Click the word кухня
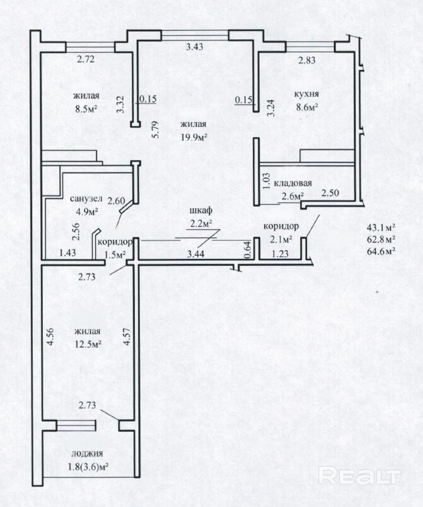tap(306, 94)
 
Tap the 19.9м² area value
tap(194, 138)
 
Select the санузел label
tap(86, 198)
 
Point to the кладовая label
tap(293, 183)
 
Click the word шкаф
tap(200, 210)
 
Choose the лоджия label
tap(87, 453)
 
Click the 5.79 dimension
tap(156, 129)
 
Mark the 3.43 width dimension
tap(195, 47)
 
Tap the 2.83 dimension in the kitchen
tap(307, 60)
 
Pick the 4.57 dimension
tap(127, 337)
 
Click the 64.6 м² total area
tap(381, 251)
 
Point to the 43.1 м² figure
tap(381, 227)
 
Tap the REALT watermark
tap(360, 476)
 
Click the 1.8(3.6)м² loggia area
tap(88, 467)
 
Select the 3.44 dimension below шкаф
tap(195, 254)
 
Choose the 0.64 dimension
tap(247, 250)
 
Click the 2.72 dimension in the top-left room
tap(86, 59)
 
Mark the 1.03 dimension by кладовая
tap(267, 181)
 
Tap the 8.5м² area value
tap(86, 109)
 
